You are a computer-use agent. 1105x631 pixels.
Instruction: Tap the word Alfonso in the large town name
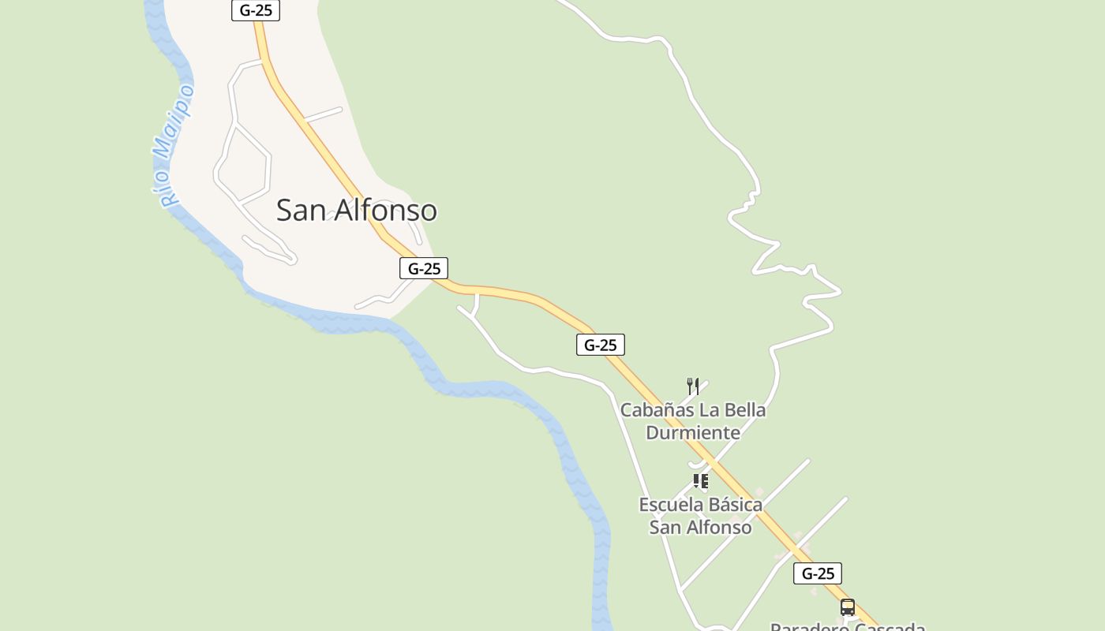(386, 211)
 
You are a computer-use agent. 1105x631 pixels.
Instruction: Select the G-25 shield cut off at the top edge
(256, 10)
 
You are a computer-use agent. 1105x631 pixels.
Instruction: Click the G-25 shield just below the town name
(424, 268)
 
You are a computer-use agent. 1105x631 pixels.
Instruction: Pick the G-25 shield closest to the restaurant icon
(601, 345)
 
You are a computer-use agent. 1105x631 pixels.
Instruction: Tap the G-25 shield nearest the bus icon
(818, 573)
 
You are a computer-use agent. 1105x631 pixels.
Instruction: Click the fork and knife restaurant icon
(693, 386)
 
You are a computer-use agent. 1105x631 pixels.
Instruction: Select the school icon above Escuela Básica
(700, 481)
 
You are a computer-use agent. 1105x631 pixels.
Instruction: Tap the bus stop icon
(848, 607)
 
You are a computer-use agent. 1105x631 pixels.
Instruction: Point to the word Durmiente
(693, 432)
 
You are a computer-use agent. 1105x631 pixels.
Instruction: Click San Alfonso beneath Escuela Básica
(700, 527)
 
